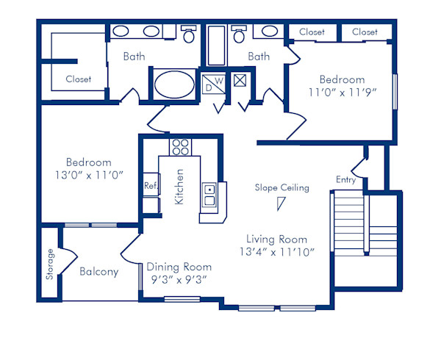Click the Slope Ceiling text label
coord(282,187)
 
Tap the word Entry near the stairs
coord(345,180)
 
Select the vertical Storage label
coord(50,264)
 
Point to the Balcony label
coord(98,272)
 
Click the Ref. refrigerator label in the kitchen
coord(151,186)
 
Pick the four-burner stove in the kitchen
coord(180,147)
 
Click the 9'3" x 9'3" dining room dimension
coord(179,279)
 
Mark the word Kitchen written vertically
coord(179,187)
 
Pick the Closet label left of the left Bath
coord(78,79)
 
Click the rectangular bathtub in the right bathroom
coord(216,46)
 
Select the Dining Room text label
coord(179,267)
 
